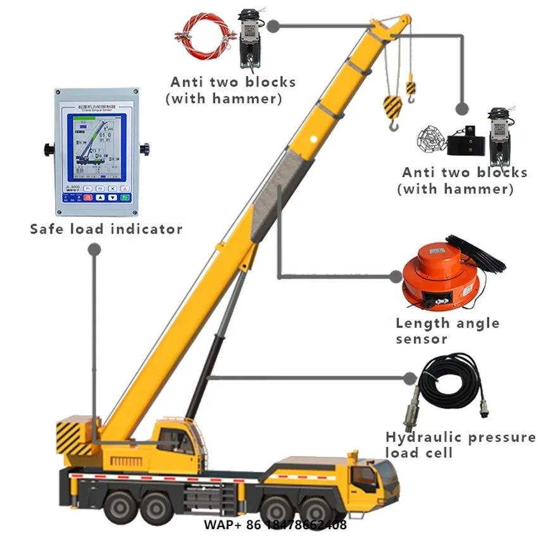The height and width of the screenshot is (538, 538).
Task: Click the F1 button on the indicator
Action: (x=89, y=188)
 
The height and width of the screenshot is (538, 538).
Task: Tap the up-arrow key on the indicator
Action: (x=99, y=197)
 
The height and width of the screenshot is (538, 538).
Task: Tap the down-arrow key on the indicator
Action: (x=112, y=197)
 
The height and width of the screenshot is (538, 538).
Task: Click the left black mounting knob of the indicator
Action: (x=49, y=149)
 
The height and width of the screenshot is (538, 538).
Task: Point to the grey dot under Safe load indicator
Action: (x=95, y=251)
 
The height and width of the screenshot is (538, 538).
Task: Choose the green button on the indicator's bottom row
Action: (x=125, y=197)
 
